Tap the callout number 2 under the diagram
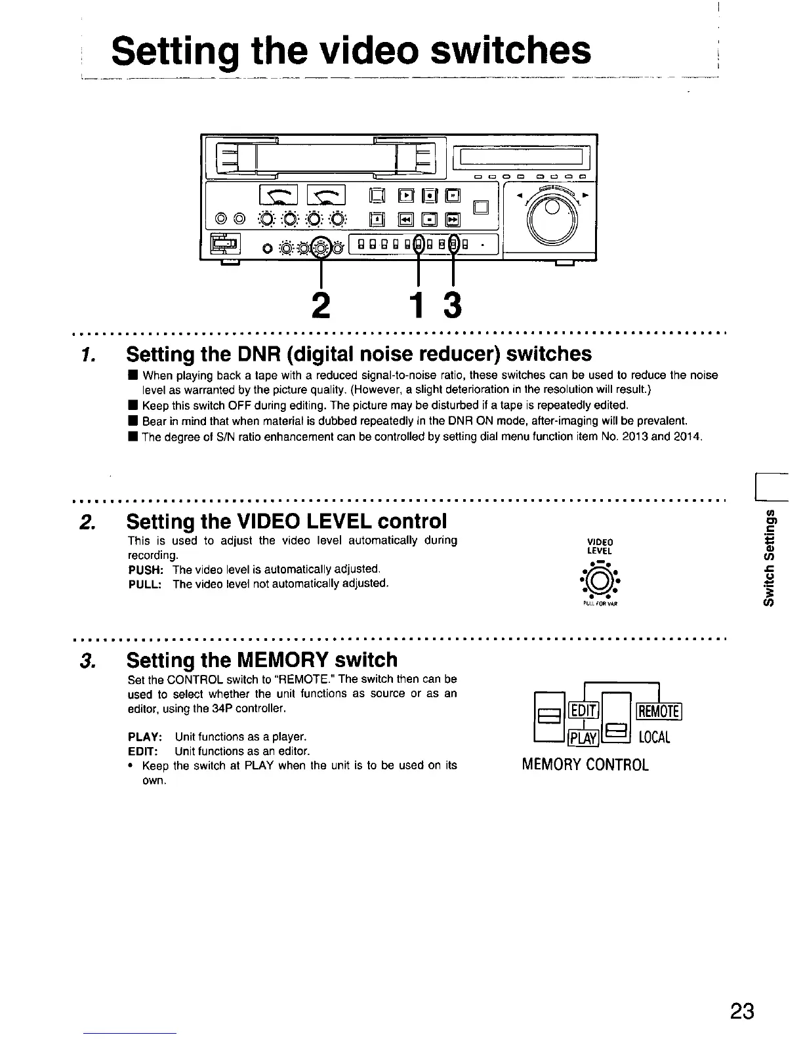point(321,304)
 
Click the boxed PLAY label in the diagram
point(582,739)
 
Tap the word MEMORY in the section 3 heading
point(284,660)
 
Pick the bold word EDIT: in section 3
point(143,751)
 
